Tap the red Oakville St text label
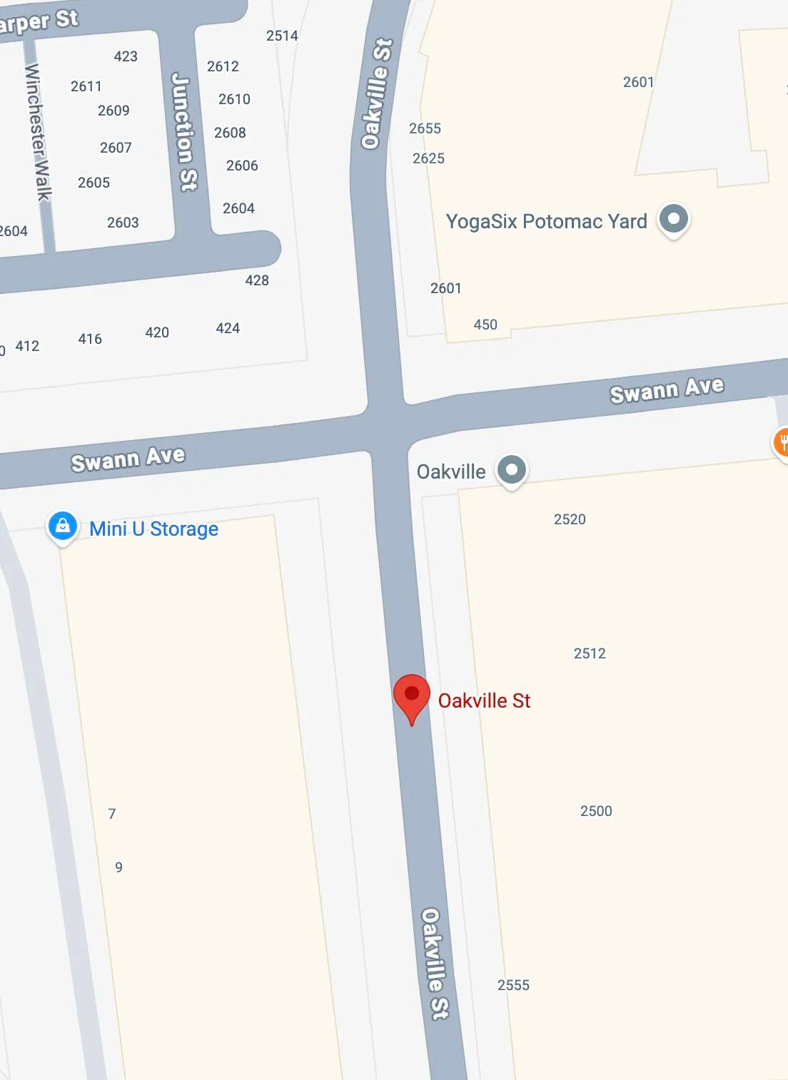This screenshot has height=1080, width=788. click(484, 701)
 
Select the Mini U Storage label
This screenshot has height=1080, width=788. click(153, 529)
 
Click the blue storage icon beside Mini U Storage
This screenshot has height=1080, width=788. click(63, 526)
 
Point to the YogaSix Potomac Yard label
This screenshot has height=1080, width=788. click(546, 222)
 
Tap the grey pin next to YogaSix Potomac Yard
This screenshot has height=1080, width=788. click(673, 218)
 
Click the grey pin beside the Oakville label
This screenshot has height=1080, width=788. click(511, 469)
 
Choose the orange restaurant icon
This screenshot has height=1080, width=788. click(782, 442)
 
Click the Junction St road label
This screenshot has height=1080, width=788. click(184, 132)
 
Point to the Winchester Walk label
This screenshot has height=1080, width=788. click(39, 132)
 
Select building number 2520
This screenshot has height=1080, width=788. click(570, 519)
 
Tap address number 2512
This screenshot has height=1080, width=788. click(590, 653)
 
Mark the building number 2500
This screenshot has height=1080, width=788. click(596, 811)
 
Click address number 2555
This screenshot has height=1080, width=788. click(513, 985)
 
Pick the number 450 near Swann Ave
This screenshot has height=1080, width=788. click(485, 325)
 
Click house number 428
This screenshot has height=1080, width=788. click(257, 280)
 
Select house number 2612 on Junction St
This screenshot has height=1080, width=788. click(223, 66)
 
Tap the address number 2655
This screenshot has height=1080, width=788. click(425, 128)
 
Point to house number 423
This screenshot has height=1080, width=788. click(126, 56)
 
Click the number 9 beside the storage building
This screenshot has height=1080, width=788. click(118, 867)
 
